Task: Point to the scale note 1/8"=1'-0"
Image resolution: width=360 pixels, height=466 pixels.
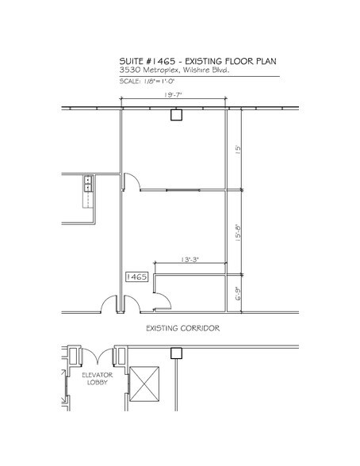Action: pos(163,82)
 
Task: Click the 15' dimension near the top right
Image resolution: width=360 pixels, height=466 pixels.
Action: pos(237,147)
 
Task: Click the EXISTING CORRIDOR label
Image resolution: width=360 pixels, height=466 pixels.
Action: pos(182,327)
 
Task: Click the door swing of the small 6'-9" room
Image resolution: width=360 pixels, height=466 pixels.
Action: pos(162,299)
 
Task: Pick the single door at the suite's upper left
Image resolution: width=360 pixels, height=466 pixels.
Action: pos(132,181)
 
